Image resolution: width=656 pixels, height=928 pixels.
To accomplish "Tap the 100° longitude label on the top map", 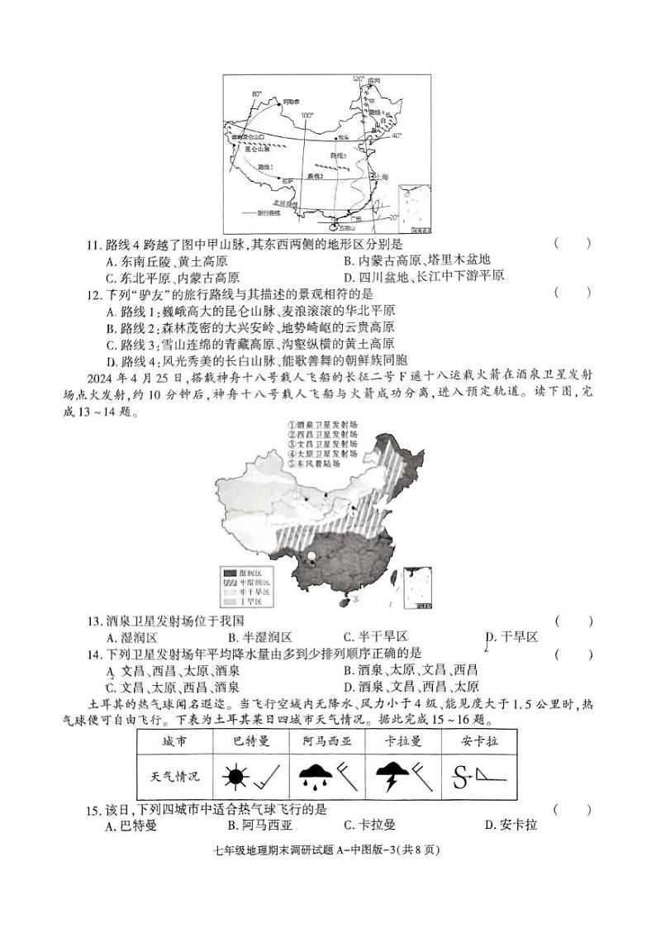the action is pos(307,115).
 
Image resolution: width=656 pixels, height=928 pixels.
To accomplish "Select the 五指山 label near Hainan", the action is pos(346,228).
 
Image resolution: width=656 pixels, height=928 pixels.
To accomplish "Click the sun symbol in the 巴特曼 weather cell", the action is pos(235,778).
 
